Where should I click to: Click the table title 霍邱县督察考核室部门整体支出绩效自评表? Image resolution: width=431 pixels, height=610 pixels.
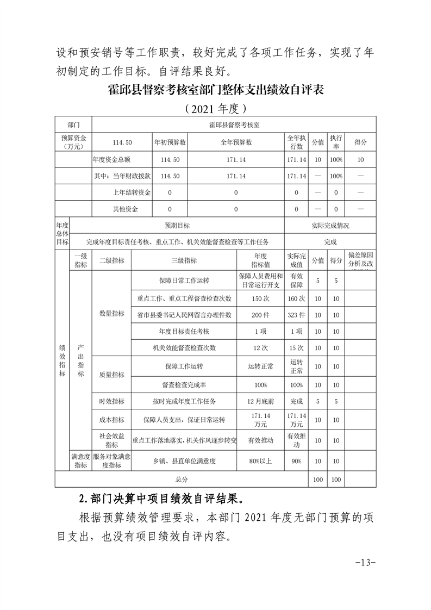point(216,90)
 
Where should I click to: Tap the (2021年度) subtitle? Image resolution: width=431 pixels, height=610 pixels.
point(216,108)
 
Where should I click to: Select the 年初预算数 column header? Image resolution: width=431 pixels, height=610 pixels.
point(170,142)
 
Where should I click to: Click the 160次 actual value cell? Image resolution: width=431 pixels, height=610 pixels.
point(297,298)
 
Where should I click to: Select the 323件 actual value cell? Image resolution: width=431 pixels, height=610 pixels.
point(297,315)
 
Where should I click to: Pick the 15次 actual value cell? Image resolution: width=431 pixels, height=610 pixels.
point(297,347)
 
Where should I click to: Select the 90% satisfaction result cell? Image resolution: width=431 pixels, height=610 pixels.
point(297,461)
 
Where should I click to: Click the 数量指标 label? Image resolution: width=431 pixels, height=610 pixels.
point(111,314)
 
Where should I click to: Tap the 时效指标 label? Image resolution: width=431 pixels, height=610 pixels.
point(111,401)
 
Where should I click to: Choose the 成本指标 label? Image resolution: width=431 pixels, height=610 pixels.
point(111,420)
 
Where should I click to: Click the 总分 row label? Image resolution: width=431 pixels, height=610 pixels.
point(182,480)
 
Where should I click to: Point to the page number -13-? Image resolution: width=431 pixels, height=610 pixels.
point(365,561)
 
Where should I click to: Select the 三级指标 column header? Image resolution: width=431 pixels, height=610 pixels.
point(184,260)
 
